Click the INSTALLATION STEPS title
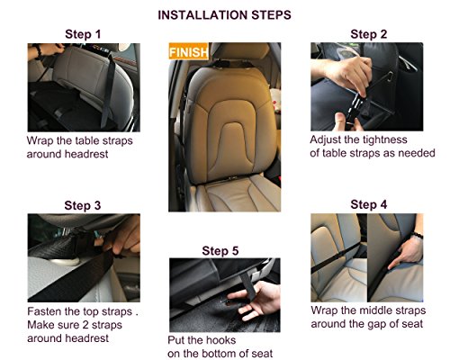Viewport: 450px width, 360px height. point(224,15)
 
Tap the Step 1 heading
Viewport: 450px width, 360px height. point(83,34)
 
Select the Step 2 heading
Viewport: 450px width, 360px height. point(369,34)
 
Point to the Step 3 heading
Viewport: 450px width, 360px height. point(83,205)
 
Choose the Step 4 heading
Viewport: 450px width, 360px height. point(369,204)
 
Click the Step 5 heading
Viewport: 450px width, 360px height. point(220,251)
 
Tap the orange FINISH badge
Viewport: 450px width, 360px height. point(188,51)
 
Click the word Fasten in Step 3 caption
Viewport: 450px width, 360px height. point(44,311)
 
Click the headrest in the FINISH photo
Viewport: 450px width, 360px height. point(240,51)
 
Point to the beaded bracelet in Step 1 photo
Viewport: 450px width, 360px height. point(38,51)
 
